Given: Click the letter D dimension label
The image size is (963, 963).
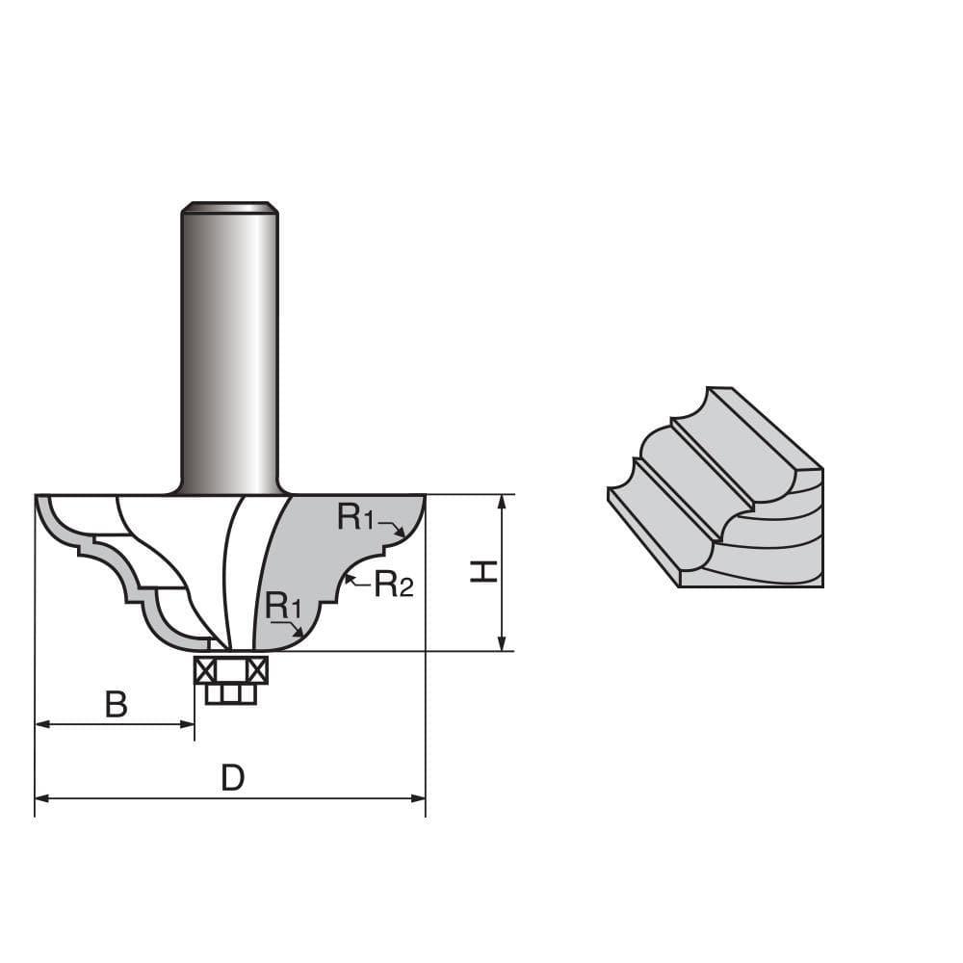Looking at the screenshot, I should pyautogui.click(x=232, y=777).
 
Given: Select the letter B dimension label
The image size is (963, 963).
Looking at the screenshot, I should pyautogui.click(x=116, y=705).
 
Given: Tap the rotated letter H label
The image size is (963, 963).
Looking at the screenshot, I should pyautogui.click(x=483, y=572).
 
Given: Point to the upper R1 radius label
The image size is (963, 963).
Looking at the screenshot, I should pyautogui.click(x=355, y=518).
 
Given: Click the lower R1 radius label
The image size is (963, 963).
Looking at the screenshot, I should pyautogui.click(x=284, y=606).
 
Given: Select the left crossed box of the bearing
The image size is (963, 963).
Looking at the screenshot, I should pyautogui.click(x=204, y=670).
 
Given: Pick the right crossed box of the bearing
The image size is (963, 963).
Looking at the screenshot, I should pyautogui.click(x=257, y=670).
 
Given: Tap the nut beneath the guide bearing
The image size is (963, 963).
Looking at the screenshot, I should pyautogui.click(x=231, y=693).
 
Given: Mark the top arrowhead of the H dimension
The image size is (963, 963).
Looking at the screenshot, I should pyautogui.click(x=502, y=502).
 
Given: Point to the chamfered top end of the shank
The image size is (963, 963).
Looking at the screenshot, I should pyautogui.click(x=230, y=206).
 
